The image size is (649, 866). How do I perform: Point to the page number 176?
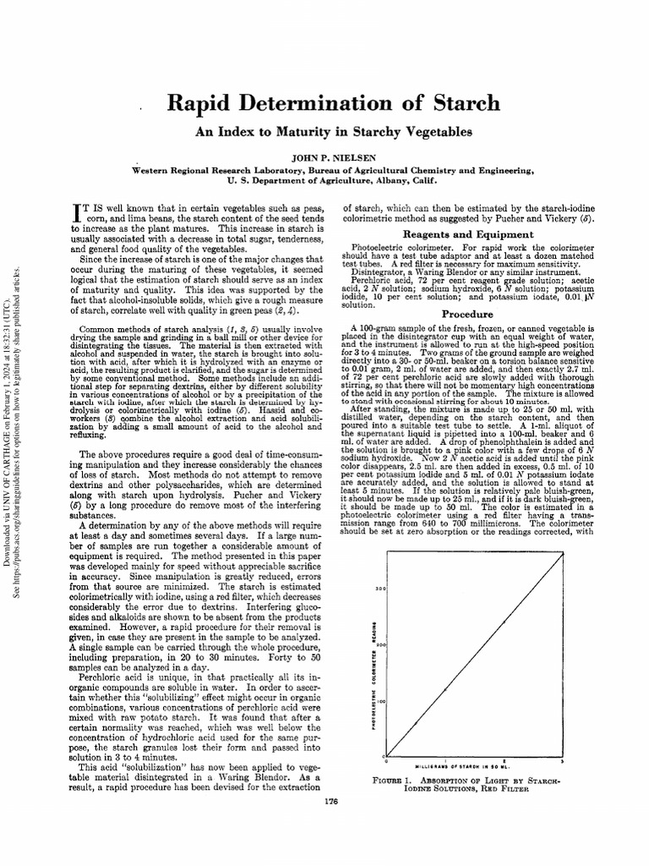coord(331,800)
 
